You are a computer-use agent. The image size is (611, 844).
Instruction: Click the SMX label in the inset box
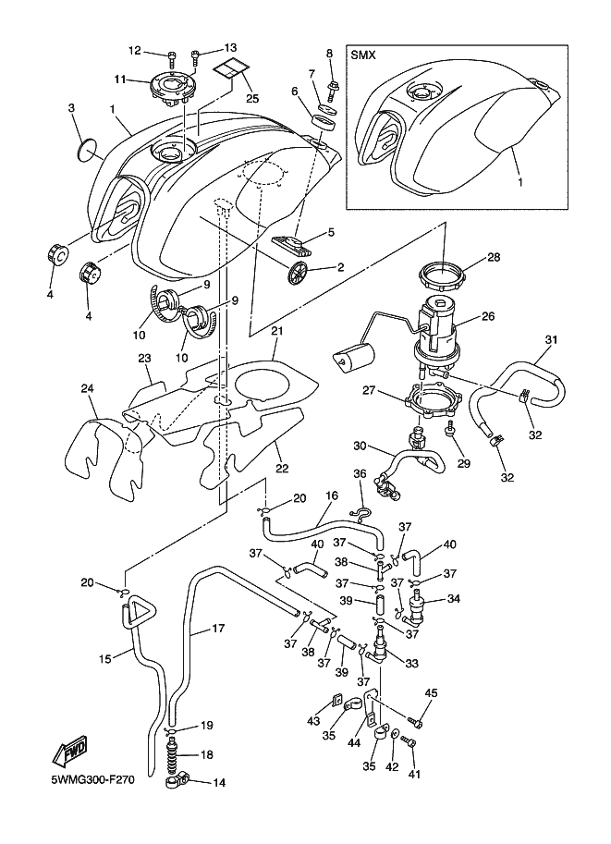[x=363, y=55]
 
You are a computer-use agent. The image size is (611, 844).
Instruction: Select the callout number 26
[x=488, y=316]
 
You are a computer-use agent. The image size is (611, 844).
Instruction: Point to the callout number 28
[x=494, y=257]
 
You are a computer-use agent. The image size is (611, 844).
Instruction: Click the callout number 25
[x=252, y=98]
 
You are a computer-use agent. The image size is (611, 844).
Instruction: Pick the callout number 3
[x=71, y=107]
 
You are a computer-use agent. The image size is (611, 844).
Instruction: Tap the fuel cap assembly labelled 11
[x=171, y=88]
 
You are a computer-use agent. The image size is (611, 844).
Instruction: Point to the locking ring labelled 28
[x=442, y=276]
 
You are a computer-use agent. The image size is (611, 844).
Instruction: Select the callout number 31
[x=551, y=339]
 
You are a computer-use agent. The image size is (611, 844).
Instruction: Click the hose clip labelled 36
[x=360, y=515]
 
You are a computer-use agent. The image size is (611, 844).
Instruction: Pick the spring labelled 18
[x=174, y=754]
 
